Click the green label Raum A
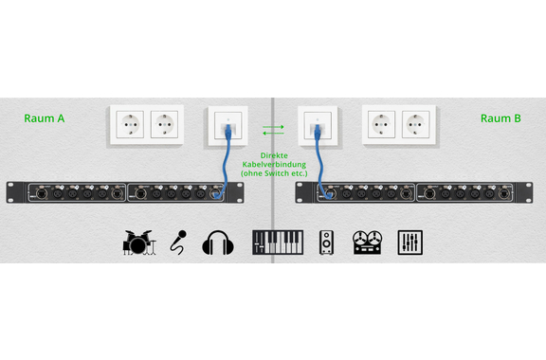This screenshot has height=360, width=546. tap(45, 118)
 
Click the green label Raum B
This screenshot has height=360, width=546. tap(500, 118)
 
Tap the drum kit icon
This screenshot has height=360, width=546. tap(139, 243)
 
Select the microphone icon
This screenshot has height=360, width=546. tap(178, 243)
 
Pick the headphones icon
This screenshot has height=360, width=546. tap(218, 243)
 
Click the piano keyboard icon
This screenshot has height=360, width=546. tap(278, 243)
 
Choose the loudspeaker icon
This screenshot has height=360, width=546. tap(326, 243)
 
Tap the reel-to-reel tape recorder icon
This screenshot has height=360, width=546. tap(368, 243)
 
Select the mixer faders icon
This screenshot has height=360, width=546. tap(410, 243)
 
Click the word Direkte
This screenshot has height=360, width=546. tap(274, 155)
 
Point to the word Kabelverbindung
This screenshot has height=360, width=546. tap(274, 164)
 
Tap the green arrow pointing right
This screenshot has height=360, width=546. tap(273, 127)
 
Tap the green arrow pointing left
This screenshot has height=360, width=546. tap(273, 133)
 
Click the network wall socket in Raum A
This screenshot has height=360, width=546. tap(228, 126)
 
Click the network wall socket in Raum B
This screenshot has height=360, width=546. tap(318, 126)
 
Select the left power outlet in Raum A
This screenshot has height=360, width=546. tap(130, 125)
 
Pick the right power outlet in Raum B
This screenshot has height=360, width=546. tap(416, 125)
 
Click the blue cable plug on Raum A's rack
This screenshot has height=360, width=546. tap(218, 195)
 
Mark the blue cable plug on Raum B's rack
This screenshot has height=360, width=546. tap(328, 194)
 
